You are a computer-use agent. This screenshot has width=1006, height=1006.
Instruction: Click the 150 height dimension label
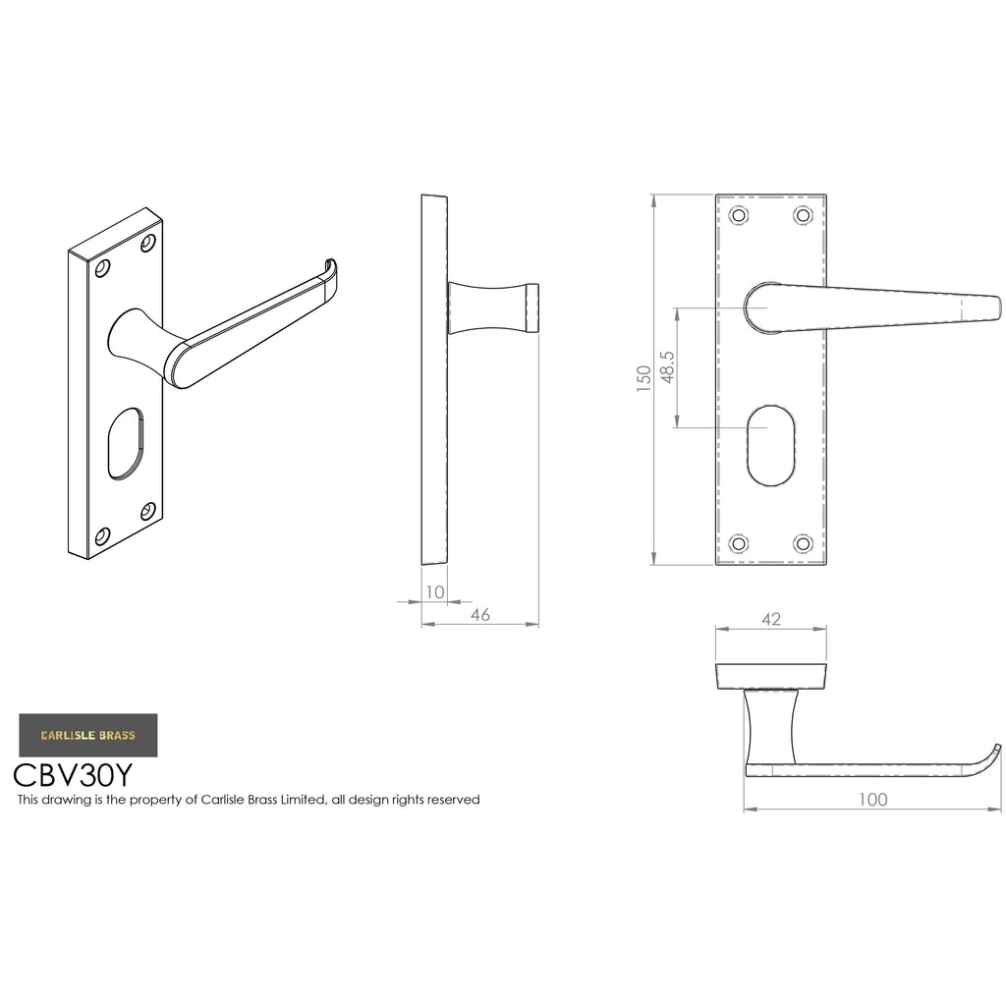(643, 379)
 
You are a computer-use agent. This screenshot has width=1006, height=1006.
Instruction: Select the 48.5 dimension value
(667, 367)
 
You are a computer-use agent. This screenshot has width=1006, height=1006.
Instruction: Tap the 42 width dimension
(771, 619)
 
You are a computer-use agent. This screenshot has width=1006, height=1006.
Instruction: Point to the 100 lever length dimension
(873, 800)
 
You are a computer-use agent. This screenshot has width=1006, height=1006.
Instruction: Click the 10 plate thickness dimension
(435, 592)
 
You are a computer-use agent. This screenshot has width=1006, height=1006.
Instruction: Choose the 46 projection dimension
(479, 615)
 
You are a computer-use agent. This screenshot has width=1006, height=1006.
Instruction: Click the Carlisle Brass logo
(87, 735)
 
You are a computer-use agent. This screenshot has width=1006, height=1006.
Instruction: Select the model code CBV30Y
(73, 775)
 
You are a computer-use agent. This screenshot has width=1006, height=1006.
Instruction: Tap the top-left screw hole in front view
(739, 215)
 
